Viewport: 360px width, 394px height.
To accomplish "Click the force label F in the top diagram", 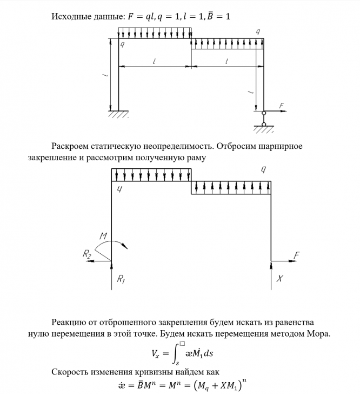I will click(x=283, y=106).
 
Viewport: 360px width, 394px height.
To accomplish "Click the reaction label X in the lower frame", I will click(x=280, y=279).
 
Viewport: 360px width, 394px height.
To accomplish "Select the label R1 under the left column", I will click(x=120, y=279).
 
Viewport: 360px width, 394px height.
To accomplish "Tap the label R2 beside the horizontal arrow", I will click(x=86, y=254).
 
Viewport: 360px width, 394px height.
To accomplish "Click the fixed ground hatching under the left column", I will click(x=118, y=114).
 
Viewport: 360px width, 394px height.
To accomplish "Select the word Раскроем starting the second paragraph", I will click(x=73, y=146).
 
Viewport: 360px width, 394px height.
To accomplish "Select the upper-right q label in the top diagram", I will click(x=258, y=32).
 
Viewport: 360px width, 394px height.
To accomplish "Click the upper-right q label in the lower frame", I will click(x=263, y=170).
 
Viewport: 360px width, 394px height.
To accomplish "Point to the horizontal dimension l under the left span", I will click(x=154, y=62).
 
